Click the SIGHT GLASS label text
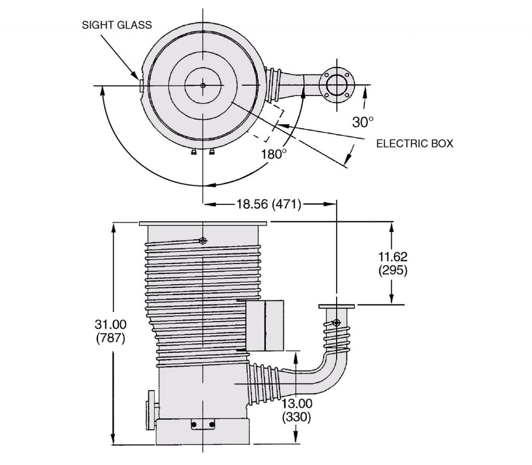click(117, 25)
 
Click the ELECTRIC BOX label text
click(415, 143)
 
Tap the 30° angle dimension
click(363, 122)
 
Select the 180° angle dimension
click(273, 154)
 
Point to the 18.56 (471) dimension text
click(269, 204)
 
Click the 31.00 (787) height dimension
click(111, 331)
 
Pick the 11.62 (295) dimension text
click(393, 263)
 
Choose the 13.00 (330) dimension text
click(297, 410)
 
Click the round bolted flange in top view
click(337, 85)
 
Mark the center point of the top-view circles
click(203, 85)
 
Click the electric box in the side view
click(264, 325)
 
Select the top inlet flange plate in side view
click(203, 223)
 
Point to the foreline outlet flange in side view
click(337, 307)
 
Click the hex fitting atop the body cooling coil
click(203, 241)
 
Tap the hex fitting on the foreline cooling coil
click(336, 323)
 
